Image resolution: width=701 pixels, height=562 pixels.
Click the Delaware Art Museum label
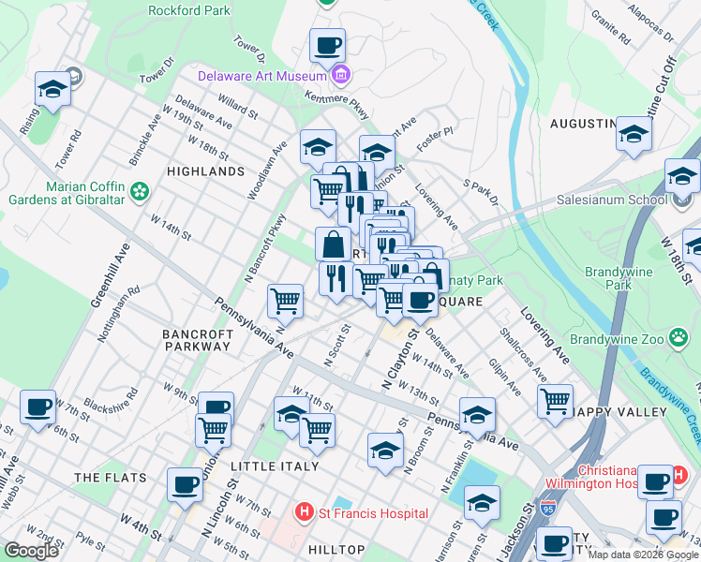click(261, 75)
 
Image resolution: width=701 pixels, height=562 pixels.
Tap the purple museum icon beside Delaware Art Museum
click(341, 75)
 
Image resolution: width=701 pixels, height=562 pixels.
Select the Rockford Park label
click(187, 11)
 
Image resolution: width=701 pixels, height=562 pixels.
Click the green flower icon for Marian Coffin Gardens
click(140, 192)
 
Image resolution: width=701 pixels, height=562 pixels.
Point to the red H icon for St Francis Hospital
click(303, 512)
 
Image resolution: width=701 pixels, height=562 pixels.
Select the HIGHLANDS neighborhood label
click(205, 171)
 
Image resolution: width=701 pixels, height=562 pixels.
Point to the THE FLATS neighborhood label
click(111, 478)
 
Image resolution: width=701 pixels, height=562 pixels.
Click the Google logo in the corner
click(31, 551)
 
